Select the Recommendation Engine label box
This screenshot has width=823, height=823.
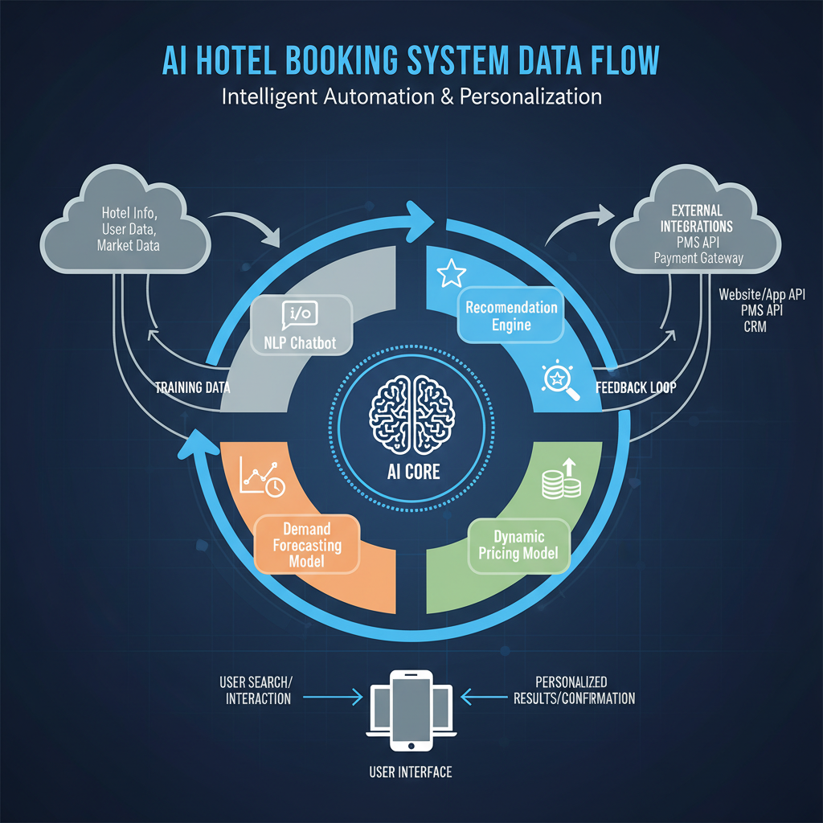(511, 316)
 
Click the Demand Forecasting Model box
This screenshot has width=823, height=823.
(307, 545)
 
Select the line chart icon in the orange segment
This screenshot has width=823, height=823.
(260, 481)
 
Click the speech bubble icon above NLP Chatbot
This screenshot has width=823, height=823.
(300, 313)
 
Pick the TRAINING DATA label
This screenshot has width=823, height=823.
(192, 387)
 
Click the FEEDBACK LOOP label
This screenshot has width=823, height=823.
(636, 387)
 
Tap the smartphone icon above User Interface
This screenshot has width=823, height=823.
(411, 708)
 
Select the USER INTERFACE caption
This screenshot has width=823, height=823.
(411, 772)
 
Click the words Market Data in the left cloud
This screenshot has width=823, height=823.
(129, 245)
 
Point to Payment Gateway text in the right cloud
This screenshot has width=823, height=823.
(698, 258)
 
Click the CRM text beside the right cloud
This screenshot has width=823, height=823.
(755, 326)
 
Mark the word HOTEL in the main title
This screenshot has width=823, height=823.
(261, 62)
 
